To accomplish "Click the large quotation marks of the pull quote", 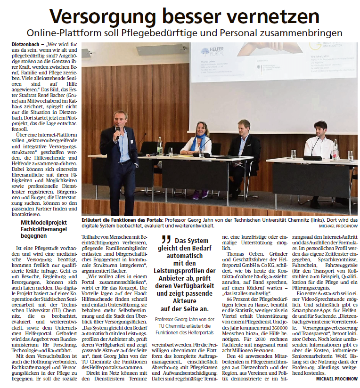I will coord(165,240).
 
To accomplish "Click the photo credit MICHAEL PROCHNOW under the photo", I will coord(338,226).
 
